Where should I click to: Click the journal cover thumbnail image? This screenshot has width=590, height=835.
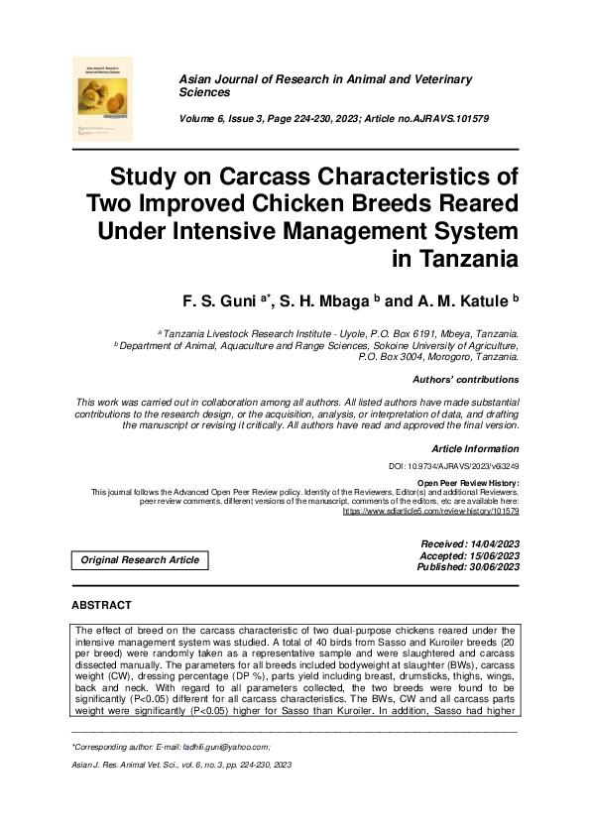coord(101,97)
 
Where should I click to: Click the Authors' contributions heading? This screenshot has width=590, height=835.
coord(464,380)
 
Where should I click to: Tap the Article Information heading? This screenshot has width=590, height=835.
coord(475,449)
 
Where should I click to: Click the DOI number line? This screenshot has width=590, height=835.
coord(453,466)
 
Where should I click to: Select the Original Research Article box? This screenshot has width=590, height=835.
coord(140,560)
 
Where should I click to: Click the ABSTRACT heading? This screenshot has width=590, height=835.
coord(101,604)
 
